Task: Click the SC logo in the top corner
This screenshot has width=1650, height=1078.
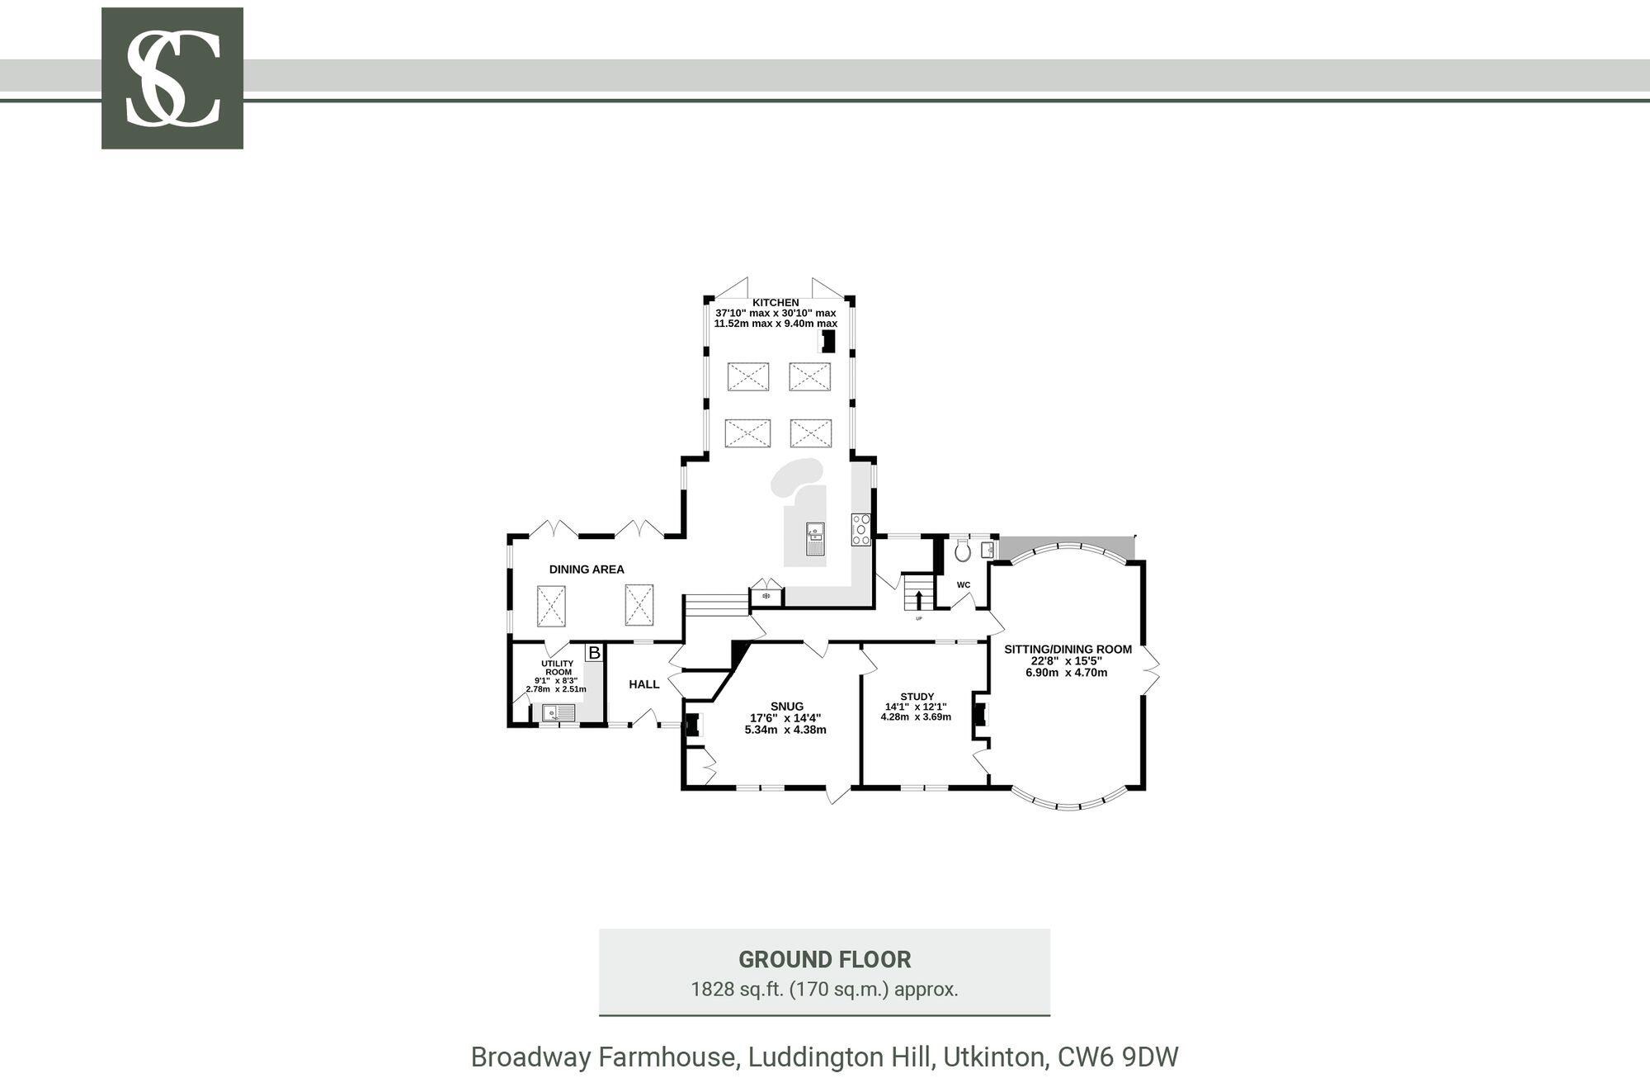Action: (x=172, y=78)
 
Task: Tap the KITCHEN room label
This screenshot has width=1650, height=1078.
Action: (x=775, y=303)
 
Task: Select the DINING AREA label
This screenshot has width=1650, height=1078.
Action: (x=587, y=570)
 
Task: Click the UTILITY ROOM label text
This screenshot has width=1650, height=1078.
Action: (x=558, y=668)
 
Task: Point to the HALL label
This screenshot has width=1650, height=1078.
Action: (x=644, y=684)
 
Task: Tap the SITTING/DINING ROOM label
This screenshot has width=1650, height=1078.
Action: (x=1068, y=650)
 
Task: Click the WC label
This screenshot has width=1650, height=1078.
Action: (x=964, y=585)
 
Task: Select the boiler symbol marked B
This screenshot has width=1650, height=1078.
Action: (x=594, y=653)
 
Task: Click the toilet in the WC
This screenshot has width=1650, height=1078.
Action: (x=962, y=551)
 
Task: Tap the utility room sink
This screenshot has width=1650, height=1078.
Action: (x=559, y=712)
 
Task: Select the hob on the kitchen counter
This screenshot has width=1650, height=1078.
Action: (x=861, y=529)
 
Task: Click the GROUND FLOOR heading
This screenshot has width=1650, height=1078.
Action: (x=824, y=960)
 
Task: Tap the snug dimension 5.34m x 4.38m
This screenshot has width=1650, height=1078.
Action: (x=785, y=730)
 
